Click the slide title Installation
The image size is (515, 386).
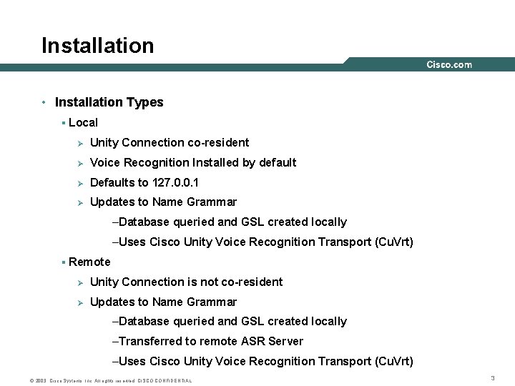coord(98,46)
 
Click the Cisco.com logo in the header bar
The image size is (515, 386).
coord(449,64)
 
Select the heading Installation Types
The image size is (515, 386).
coord(109,102)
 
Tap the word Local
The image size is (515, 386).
coord(83,122)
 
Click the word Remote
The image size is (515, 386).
coord(89,262)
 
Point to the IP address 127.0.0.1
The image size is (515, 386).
coord(176,182)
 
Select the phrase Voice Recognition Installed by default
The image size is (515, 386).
coord(193,162)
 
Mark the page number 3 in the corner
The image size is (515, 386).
coord(493,377)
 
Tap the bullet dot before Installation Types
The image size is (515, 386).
coord(44,102)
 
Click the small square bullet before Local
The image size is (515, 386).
coord(64,123)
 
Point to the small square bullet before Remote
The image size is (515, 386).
coord(64,262)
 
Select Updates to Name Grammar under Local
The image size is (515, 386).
coord(163,202)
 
